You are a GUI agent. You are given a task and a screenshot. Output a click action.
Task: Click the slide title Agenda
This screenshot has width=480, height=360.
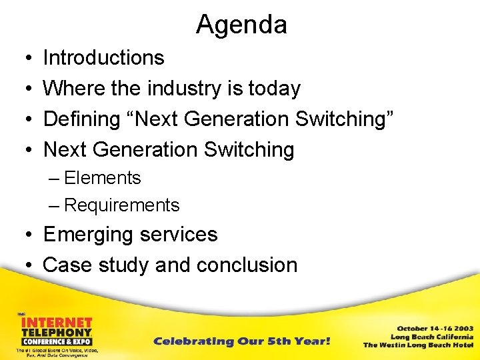tap(241, 25)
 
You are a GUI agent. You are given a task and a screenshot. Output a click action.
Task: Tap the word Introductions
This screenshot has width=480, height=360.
tap(103, 58)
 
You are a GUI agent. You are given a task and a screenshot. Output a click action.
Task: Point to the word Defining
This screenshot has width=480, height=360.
tap(84, 119)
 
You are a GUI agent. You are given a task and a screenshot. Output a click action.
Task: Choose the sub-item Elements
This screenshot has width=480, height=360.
tap(103, 178)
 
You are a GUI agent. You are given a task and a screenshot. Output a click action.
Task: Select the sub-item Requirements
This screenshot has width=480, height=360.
tap(121, 205)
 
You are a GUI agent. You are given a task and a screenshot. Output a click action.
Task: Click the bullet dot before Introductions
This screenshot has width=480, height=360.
tap(25, 59)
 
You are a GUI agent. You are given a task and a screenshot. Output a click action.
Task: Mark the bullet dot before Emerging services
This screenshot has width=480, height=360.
tap(25, 235)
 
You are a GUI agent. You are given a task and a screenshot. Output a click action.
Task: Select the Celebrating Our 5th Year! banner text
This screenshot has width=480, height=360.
tap(241, 341)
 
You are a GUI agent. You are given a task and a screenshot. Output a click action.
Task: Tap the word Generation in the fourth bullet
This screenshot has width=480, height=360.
tap(144, 150)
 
